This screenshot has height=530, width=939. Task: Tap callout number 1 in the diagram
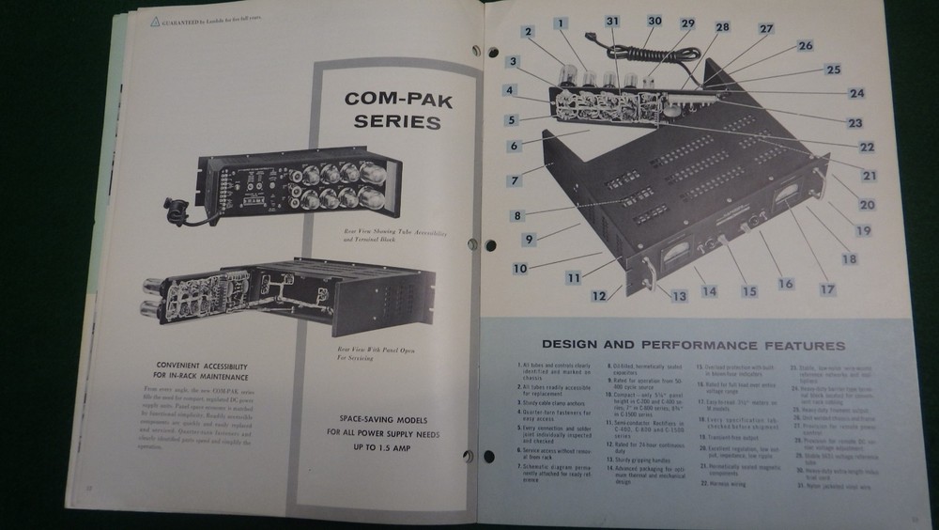coord(561,23)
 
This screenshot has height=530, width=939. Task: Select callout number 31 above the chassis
coord(612,21)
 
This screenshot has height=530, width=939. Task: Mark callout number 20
coord(866,204)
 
